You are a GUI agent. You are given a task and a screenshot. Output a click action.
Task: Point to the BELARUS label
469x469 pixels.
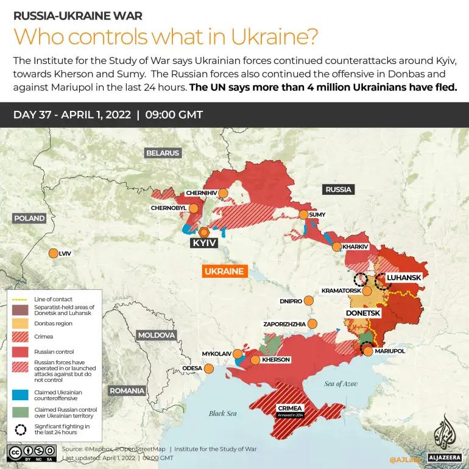162,153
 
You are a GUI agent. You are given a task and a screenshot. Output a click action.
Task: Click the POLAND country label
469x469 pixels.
29,218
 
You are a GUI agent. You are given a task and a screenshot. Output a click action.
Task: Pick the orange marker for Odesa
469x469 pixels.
209,368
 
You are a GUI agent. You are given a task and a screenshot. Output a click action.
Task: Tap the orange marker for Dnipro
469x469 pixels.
309,301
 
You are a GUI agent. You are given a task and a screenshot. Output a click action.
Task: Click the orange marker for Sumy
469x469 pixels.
303,214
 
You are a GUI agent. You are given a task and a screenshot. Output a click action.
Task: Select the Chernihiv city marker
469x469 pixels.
224,193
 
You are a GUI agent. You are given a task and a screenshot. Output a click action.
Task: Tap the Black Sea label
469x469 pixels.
222,414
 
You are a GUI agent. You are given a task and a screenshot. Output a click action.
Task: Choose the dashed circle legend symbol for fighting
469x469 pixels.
21,429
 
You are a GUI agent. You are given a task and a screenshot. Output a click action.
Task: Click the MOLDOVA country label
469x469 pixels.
156,335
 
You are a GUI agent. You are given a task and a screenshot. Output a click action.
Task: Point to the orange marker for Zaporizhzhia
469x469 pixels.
313,324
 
